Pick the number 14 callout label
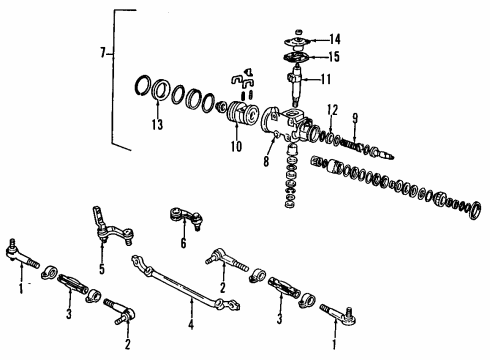coord(335,39)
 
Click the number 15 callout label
coord(335,57)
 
